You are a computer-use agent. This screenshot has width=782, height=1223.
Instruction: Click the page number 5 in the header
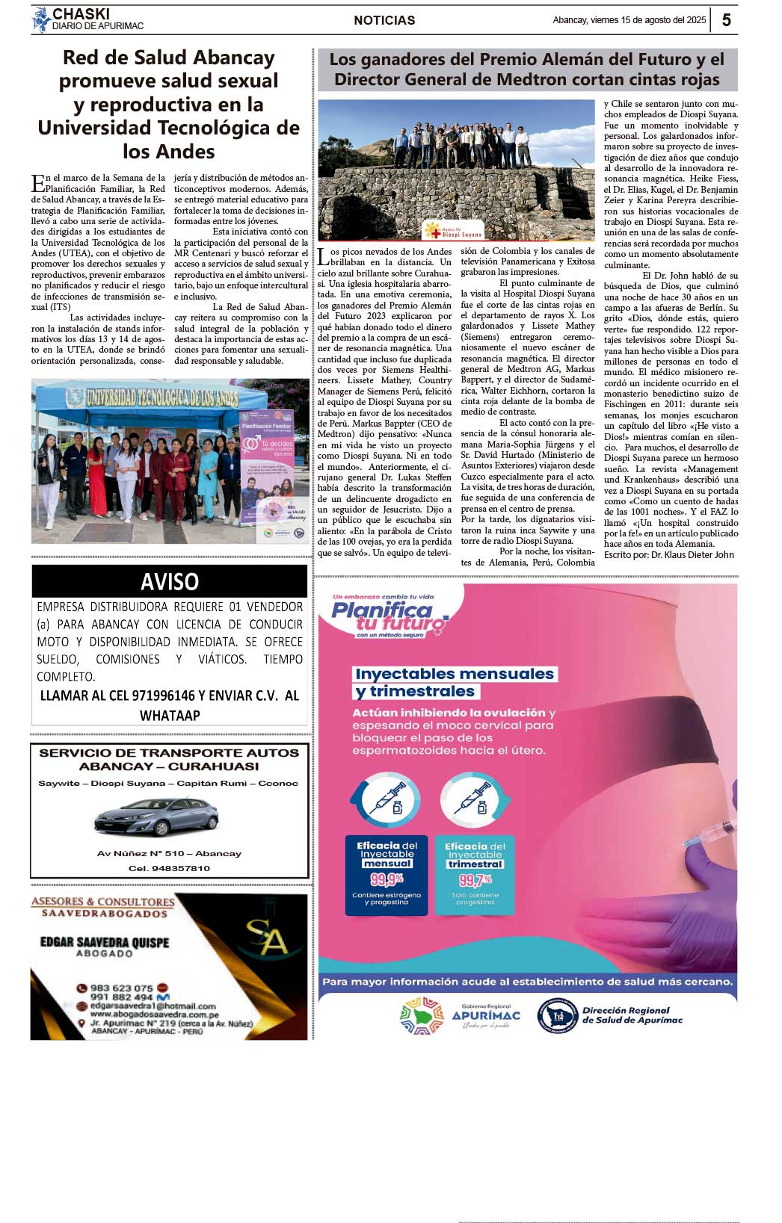point(726,20)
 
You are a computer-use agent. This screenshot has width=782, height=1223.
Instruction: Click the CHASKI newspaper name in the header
point(81,14)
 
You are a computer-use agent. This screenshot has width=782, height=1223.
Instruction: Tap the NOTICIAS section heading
point(384,20)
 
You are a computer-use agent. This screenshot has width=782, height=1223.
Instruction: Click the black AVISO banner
point(170,581)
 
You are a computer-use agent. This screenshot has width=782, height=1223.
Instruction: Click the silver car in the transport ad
point(156,817)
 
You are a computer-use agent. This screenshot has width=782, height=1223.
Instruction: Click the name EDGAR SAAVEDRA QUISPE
point(105,942)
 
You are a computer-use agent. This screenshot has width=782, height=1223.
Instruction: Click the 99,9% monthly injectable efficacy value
point(387,879)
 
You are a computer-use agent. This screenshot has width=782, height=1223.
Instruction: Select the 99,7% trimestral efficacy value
point(475,880)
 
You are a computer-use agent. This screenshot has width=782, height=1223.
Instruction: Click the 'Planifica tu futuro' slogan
point(389,616)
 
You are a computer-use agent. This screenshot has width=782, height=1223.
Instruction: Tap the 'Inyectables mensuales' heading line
point(455,674)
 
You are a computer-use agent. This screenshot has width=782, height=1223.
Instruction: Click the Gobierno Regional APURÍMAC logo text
point(486,1015)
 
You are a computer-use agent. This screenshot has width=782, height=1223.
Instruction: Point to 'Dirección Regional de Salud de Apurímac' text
point(632,1015)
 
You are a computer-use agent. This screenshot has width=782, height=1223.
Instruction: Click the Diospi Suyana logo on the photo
point(453,230)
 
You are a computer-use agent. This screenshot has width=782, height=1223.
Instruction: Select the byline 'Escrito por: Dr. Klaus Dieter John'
point(668,555)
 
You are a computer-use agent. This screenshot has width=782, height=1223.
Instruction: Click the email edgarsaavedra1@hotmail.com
point(153,1006)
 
